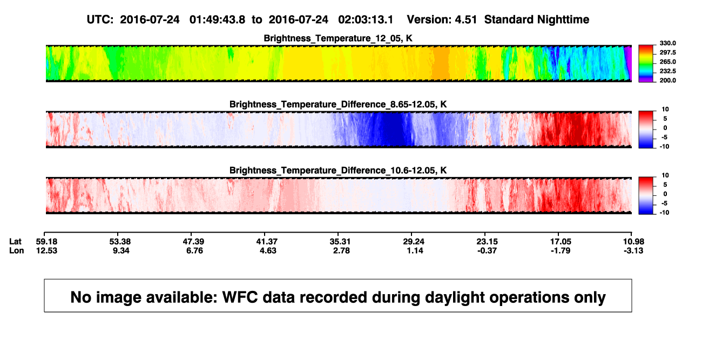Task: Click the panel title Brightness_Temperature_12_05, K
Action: [338, 38]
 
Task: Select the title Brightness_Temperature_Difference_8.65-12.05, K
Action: [338, 104]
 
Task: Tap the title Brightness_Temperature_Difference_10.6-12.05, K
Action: [338, 171]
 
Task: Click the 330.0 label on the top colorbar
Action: [667, 43]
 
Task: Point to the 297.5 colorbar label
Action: [667, 52]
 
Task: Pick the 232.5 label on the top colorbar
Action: [667, 71]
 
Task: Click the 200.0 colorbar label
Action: [667, 80]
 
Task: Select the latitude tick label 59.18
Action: [46, 242]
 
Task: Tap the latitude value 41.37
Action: [267, 242]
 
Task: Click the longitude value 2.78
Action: [341, 250]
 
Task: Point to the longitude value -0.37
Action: [487, 250]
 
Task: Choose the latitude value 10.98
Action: [633, 242]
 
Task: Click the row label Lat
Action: [15, 242]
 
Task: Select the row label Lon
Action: [16, 250]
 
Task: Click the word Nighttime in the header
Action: [563, 19]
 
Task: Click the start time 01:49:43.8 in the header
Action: [217, 19]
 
